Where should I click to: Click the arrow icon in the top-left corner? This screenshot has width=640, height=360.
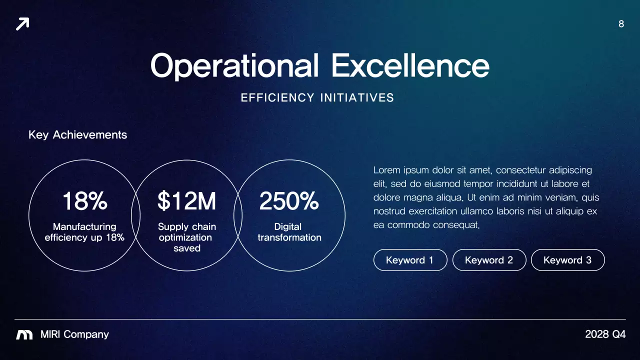pos(22,23)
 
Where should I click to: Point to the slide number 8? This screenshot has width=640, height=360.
pos(621,24)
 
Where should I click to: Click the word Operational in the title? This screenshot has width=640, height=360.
pos(234,65)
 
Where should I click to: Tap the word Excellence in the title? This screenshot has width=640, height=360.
pos(410,65)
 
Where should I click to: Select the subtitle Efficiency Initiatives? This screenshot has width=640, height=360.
pos(317,98)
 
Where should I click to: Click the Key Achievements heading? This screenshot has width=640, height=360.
pos(77,135)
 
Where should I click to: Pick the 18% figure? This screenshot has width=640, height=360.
pos(84,201)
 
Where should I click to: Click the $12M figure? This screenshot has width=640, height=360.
pos(186,201)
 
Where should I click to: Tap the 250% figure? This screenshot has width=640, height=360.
pos(289,201)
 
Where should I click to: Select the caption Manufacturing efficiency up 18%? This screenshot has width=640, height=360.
pos(84,232)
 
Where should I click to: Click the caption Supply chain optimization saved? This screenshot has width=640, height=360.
pos(186,237)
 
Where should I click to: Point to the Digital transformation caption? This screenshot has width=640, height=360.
pos(289,232)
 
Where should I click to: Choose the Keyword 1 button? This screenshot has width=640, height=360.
pos(410,260)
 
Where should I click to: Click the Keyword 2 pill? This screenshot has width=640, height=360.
pos(489,260)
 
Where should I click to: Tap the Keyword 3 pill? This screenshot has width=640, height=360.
pos(567,260)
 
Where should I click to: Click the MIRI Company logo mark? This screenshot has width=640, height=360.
pos(24,335)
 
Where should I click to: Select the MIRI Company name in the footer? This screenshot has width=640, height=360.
pos(74,334)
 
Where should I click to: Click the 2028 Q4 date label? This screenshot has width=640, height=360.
pos(605,334)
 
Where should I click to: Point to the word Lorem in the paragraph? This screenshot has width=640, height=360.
pos(387,170)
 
